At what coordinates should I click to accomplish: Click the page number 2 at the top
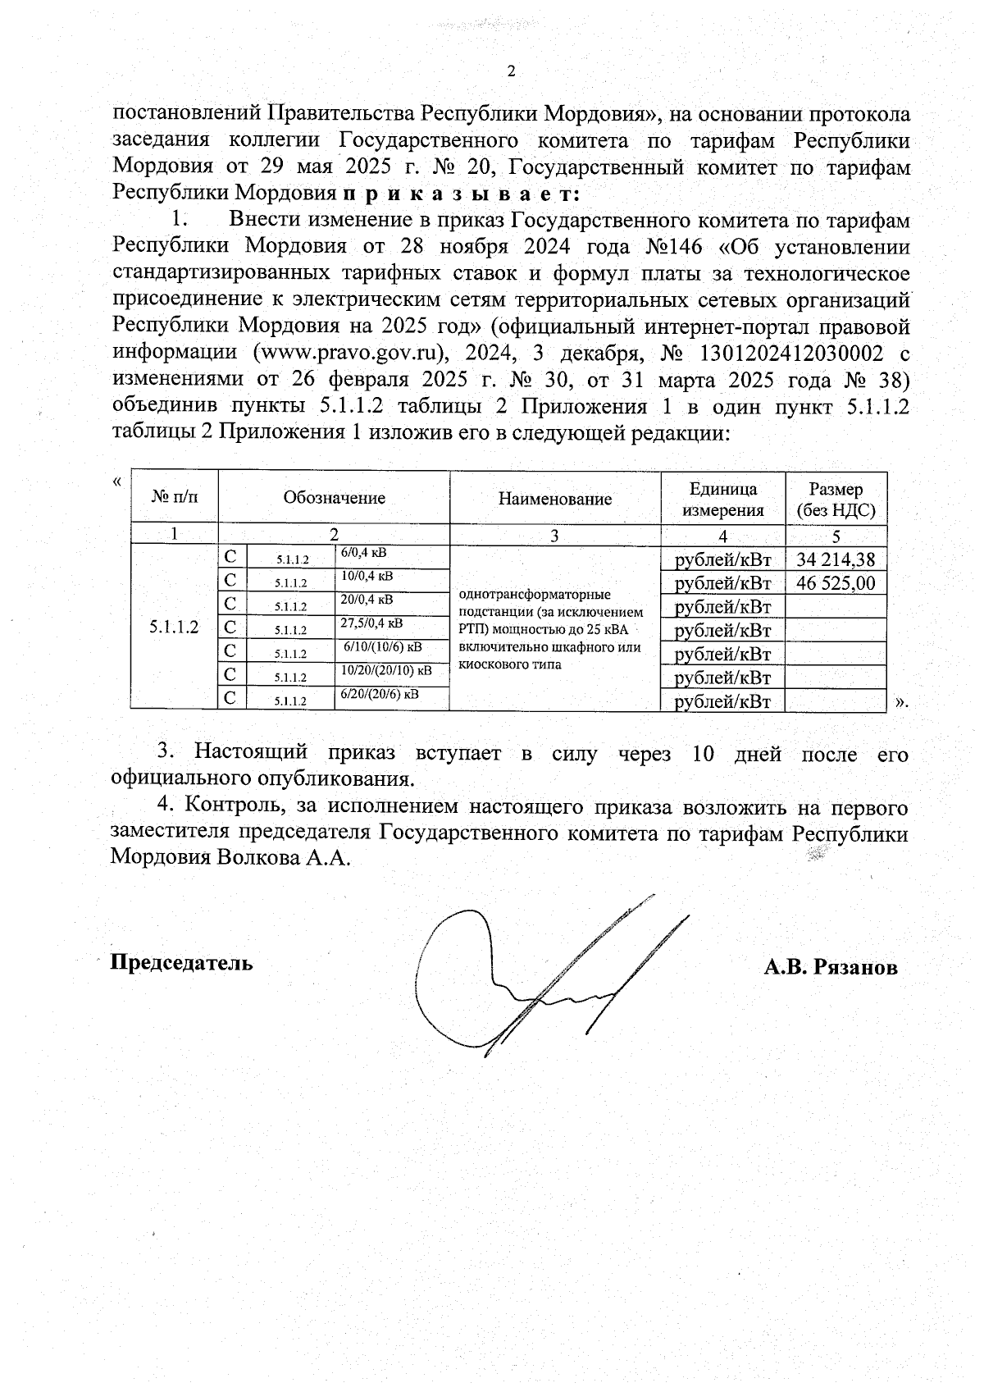click(511, 71)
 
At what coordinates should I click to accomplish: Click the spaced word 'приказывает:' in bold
click(462, 194)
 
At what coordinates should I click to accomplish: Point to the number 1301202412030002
click(788, 352)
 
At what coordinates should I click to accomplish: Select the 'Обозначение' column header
click(334, 498)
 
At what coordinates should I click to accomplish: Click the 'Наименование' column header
click(555, 499)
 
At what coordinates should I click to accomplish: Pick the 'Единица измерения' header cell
click(722, 499)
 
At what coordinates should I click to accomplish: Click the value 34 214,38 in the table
click(836, 560)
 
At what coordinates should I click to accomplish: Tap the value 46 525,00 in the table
click(836, 584)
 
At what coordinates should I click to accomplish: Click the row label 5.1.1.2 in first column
click(174, 628)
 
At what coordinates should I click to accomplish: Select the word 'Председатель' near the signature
click(182, 962)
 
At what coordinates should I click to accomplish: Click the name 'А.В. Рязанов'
click(830, 967)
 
